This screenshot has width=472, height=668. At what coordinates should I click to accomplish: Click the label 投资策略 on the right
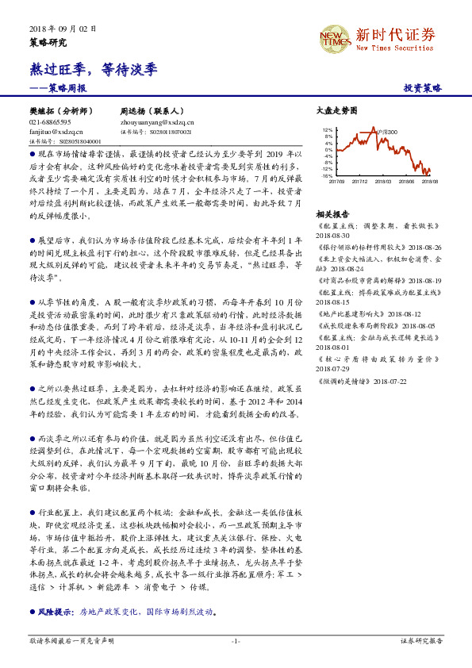coord(422,88)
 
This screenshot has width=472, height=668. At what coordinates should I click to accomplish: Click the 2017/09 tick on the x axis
coord(336,182)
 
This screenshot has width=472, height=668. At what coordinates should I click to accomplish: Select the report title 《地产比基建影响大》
coord(347,313)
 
